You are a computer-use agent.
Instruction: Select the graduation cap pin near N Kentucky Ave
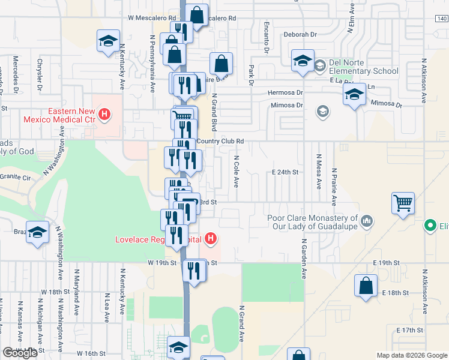click(108, 41)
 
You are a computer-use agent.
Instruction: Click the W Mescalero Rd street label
click(152, 18)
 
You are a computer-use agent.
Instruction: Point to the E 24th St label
click(285, 172)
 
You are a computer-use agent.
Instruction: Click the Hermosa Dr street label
click(285, 93)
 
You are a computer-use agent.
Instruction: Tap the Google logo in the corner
click(21, 353)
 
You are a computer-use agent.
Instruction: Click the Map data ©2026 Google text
click(412, 355)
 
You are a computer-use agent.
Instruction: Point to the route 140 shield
click(442, 19)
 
